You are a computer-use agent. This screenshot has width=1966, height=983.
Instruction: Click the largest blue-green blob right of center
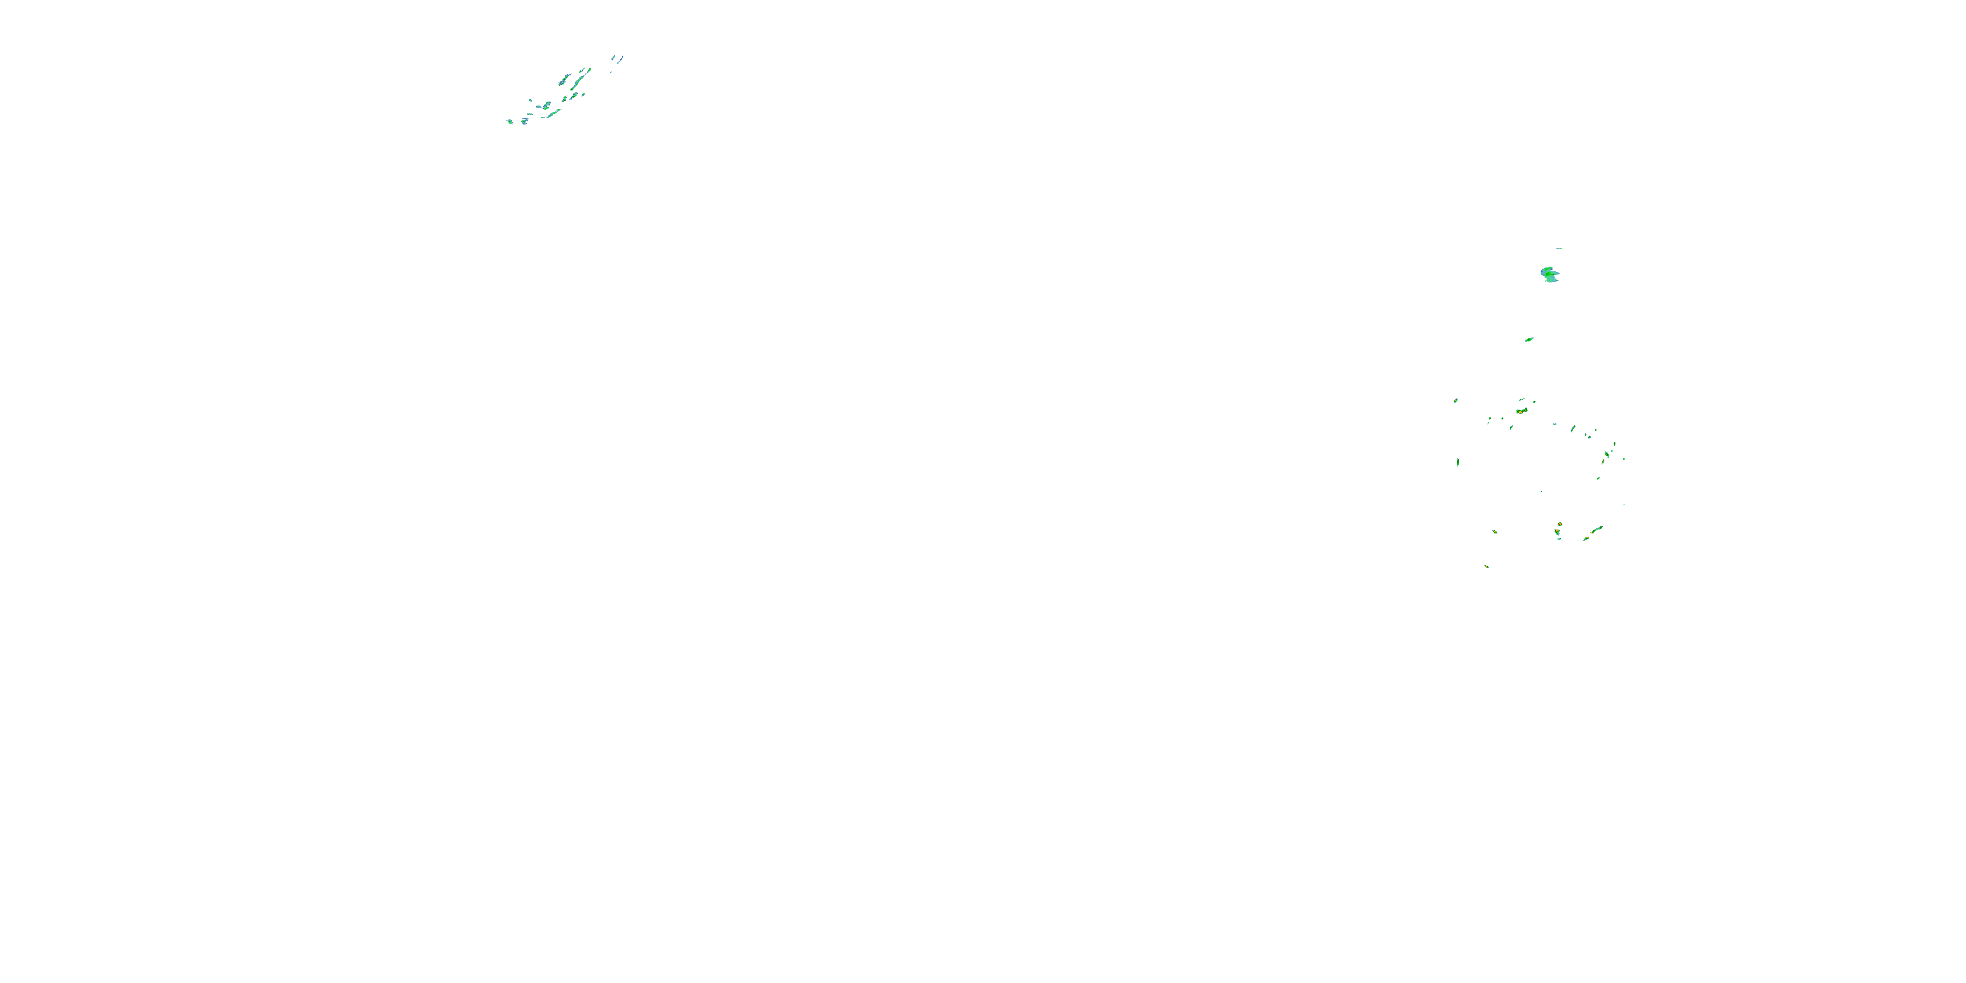coord(1549,274)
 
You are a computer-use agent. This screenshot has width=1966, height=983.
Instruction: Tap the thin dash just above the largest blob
coord(1558,248)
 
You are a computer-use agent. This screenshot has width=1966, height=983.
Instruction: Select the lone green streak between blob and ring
coord(1529,339)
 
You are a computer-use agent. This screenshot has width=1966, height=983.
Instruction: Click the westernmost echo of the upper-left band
coord(510,121)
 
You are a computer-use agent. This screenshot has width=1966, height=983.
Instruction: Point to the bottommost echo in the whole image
coord(1487,566)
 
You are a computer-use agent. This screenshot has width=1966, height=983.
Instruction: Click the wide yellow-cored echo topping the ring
coord(1521,412)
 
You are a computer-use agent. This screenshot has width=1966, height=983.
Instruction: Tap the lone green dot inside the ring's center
coord(1541,491)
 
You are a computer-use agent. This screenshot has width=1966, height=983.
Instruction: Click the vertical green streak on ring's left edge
coord(1457,462)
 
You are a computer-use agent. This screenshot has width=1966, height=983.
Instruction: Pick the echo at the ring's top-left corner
coord(1455,400)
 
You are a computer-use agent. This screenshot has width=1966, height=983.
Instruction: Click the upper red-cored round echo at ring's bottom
coord(1559,524)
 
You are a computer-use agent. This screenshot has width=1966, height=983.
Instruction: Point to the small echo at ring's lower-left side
coord(1494,531)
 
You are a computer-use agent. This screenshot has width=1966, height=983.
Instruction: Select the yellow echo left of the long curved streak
coord(1586,539)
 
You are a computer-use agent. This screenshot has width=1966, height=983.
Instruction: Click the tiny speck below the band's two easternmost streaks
coord(611,71)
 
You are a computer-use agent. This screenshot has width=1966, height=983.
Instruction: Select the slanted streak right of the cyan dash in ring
coord(1573,429)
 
